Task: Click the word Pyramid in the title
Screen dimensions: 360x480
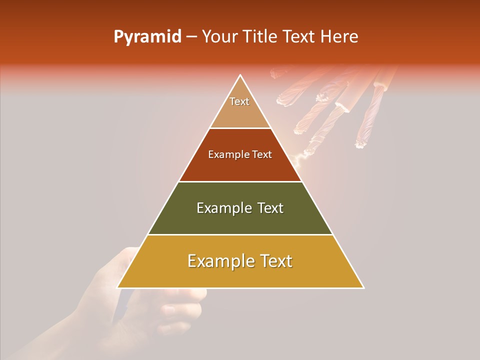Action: coord(147,37)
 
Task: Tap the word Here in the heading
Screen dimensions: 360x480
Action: coord(339,37)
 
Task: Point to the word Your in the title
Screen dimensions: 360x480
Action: coord(219,37)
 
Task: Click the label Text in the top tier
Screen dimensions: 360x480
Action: coord(239,101)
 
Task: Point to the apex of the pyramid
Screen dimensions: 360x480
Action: coord(240,76)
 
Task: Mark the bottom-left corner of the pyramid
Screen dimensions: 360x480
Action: coord(118,287)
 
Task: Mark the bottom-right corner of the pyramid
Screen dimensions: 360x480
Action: coord(363,287)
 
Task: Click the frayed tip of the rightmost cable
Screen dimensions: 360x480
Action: coord(361,144)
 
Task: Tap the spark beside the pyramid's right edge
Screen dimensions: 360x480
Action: coord(299,159)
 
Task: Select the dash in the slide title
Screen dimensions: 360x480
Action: coord(191,37)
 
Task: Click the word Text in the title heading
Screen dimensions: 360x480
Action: coord(299,37)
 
